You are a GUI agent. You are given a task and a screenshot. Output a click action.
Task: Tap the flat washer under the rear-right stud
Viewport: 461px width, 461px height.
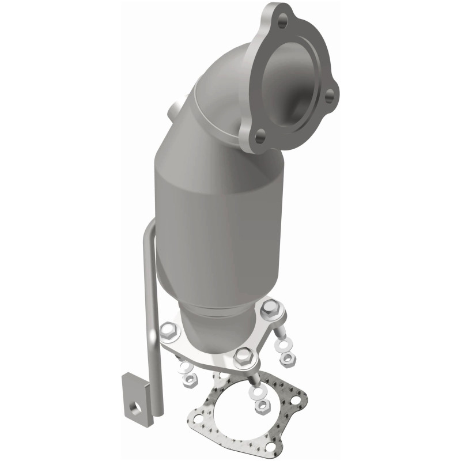(284, 345)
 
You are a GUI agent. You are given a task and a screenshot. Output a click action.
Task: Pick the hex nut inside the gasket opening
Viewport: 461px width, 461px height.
(262, 406)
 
